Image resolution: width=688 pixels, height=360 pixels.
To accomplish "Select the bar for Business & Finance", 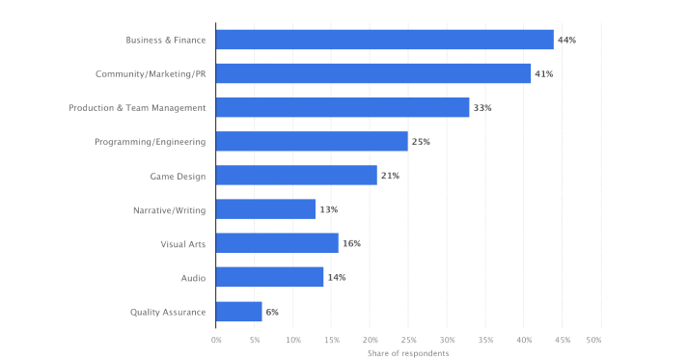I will pyautogui.click(x=384, y=40).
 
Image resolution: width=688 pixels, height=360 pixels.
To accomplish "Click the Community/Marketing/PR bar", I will pyautogui.click(x=372, y=73).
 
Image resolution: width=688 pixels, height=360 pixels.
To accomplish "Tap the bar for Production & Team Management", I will pyautogui.click(x=342, y=107).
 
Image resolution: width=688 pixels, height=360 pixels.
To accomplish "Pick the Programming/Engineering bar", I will pyautogui.click(x=311, y=142).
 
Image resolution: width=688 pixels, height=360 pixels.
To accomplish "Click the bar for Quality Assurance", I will pyautogui.click(x=238, y=311).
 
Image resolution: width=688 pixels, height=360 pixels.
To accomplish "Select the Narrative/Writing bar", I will pyautogui.click(x=265, y=209).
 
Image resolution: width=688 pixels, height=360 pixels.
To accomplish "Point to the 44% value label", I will pyautogui.click(x=566, y=40).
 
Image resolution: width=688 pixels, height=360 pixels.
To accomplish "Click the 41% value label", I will pyautogui.click(x=543, y=73).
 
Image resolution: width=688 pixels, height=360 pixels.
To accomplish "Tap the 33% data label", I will pyautogui.click(x=482, y=107).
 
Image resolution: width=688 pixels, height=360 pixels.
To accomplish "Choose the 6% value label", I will pyautogui.click(x=273, y=311).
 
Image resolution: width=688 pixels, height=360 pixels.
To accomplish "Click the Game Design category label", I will pyautogui.click(x=178, y=176).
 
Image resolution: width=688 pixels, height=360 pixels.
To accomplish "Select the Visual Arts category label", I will pyautogui.click(x=182, y=243).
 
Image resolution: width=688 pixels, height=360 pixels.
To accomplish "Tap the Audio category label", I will pyautogui.click(x=193, y=277).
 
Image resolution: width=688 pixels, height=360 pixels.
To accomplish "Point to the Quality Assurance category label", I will pyautogui.click(x=168, y=311).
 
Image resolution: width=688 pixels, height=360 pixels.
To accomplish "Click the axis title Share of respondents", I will pyautogui.click(x=408, y=353).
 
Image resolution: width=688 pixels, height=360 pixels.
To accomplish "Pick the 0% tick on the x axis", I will pyautogui.click(x=216, y=340).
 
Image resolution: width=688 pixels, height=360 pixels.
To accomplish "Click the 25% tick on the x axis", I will pyautogui.click(x=408, y=340).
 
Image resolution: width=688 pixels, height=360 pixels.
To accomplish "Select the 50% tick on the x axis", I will pyautogui.click(x=593, y=340).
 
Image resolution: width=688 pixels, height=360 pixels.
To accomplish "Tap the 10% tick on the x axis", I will pyautogui.click(x=293, y=340).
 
